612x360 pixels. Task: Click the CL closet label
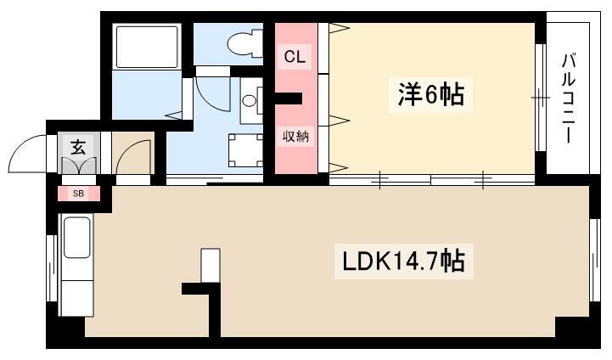pyautogui.click(x=295, y=58)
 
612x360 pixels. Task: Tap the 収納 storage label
pyautogui.click(x=295, y=136)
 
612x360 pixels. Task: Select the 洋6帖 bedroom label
pyautogui.click(x=430, y=94)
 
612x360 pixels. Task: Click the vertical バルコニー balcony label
pyautogui.click(x=569, y=98)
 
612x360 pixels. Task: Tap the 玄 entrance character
pyautogui.click(x=78, y=146)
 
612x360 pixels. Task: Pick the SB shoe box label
pyautogui.click(x=78, y=194)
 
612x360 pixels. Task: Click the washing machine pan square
pyautogui.click(x=244, y=151)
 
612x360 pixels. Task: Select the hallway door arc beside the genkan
pyautogui.click(x=132, y=159)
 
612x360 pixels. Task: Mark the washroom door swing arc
pyautogui.click(x=207, y=93)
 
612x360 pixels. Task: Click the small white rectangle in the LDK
pyautogui.click(x=209, y=265)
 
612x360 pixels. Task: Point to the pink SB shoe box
pyautogui.click(x=78, y=194)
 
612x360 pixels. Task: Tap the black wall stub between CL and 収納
pyautogui.click(x=289, y=98)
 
